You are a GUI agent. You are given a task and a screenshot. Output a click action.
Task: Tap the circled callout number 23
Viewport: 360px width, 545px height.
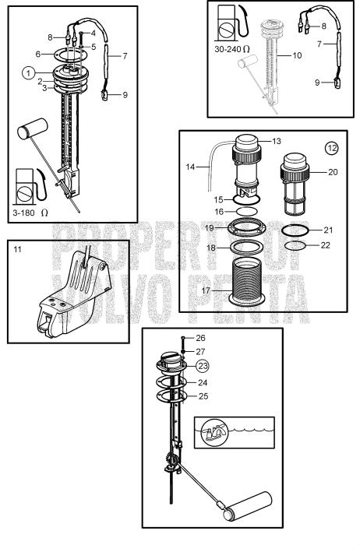click(202, 364)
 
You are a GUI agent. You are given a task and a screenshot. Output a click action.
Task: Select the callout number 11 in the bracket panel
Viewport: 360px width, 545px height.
click(18, 251)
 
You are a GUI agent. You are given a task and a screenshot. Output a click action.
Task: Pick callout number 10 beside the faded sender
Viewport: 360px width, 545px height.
click(296, 55)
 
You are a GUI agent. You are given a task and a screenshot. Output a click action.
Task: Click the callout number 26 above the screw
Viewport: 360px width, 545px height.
click(201, 339)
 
